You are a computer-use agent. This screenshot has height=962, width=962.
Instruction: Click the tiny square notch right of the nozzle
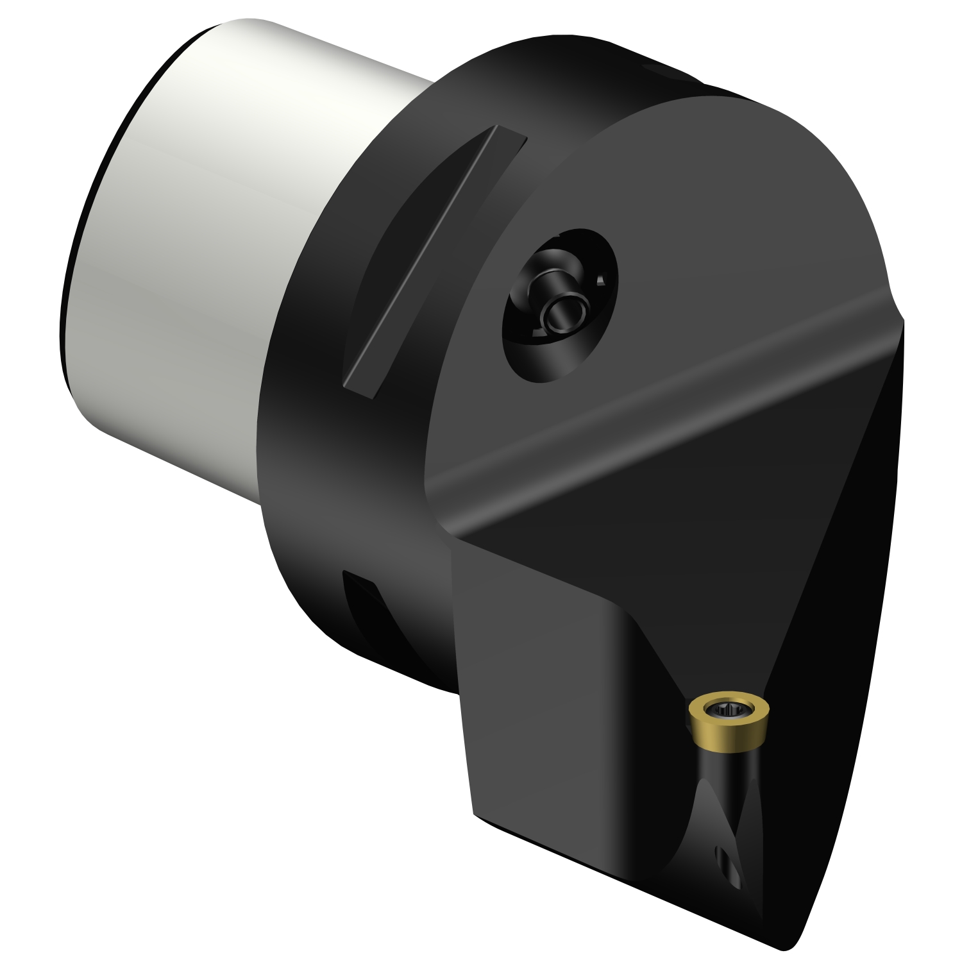601,280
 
